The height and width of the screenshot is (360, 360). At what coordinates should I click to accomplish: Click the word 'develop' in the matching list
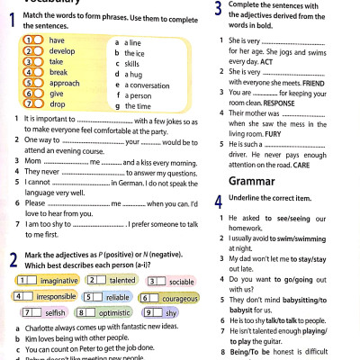click(59, 52)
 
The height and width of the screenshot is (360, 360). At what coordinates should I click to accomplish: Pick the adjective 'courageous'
click(180, 297)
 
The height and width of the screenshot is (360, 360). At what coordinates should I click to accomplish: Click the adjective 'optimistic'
click(115, 312)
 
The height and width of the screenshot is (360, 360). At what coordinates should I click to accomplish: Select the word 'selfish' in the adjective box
click(55, 312)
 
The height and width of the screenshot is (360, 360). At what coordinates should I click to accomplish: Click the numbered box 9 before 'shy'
click(149, 312)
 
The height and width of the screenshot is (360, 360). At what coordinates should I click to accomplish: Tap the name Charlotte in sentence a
click(40, 328)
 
